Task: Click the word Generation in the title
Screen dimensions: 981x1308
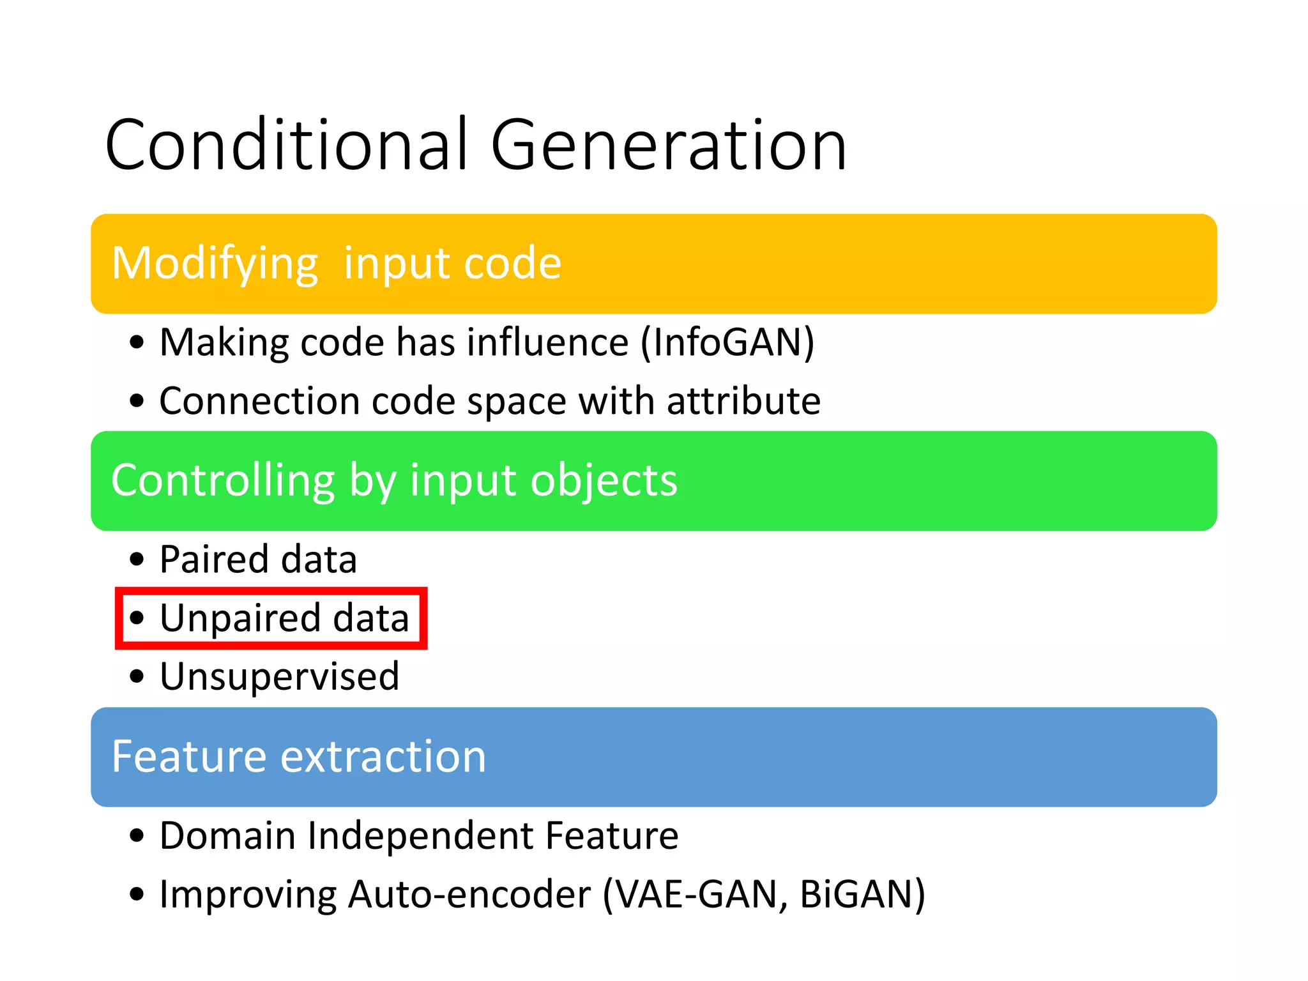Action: point(668,146)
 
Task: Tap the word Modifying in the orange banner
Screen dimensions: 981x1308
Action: point(215,263)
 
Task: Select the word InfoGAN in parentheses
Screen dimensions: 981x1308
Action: point(727,342)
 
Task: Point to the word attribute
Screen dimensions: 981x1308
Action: point(743,401)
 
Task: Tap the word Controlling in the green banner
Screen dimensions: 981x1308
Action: point(223,480)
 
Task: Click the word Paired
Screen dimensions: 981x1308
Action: point(215,559)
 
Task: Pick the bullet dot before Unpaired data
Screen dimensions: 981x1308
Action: point(137,618)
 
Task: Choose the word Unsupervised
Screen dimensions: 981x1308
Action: point(279,676)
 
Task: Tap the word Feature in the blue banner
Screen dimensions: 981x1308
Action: point(188,756)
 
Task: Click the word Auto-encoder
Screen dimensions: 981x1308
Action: point(469,894)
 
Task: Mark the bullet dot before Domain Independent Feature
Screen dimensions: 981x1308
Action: point(137,835)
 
